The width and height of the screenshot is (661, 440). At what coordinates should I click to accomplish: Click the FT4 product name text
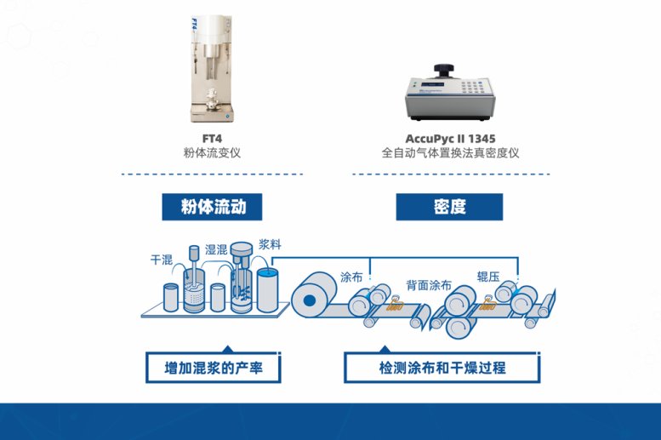212,139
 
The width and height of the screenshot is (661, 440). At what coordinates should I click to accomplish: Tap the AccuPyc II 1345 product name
450,139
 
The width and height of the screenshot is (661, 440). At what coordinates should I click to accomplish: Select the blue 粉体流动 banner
212,207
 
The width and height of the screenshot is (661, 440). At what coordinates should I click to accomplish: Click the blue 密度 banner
449,207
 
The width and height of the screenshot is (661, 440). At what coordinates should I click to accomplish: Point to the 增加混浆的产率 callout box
214,368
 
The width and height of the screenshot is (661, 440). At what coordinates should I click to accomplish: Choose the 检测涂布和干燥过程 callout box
442,368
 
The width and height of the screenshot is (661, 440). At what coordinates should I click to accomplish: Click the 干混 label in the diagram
162,260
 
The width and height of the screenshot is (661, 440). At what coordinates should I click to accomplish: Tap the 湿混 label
216,249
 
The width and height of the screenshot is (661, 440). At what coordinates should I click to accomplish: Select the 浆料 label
270,244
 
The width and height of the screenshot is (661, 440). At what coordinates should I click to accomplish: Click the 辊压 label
488,277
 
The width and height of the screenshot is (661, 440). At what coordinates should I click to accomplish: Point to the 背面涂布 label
429,285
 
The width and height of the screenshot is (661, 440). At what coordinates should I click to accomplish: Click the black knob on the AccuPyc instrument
444,71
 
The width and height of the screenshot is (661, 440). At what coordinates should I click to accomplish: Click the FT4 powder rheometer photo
212,69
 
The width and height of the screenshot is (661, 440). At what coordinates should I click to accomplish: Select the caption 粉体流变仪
212,152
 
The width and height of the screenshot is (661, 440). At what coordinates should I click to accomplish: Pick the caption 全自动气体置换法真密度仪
450,152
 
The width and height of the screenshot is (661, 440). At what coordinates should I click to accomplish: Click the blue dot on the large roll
310,300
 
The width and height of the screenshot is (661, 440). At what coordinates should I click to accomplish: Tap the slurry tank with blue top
268,291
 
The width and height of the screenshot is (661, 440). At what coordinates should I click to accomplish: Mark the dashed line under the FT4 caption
212,174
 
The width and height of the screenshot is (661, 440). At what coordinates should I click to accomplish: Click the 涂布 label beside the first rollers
351,277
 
